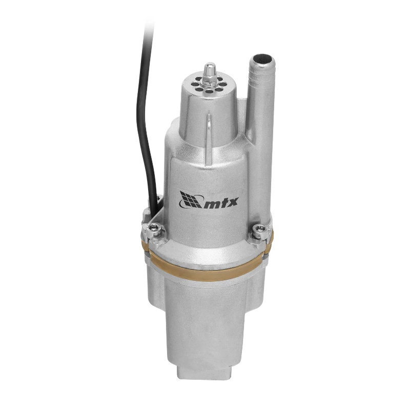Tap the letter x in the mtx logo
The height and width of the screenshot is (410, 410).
click(233, 202)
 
